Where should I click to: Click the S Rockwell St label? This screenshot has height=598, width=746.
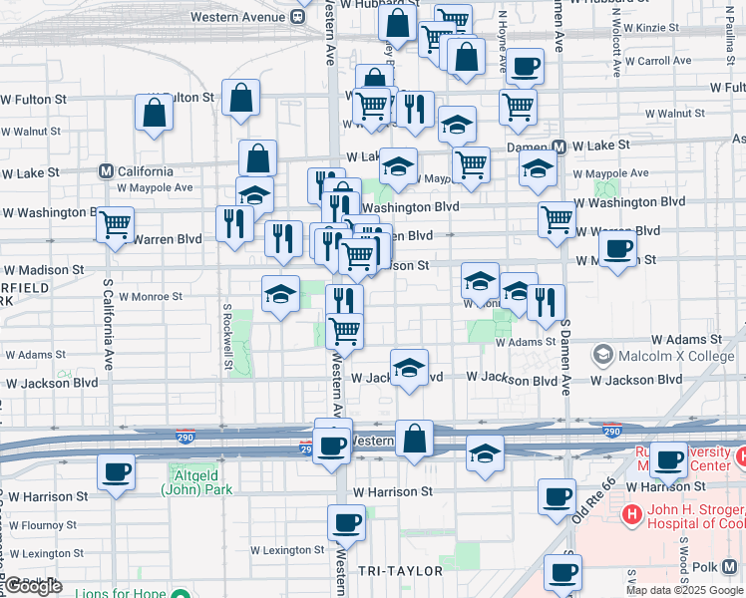[x=228, y=336]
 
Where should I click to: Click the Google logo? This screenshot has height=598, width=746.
[x=33, y=586]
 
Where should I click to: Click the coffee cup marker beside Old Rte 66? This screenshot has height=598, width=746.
[x=557, y=496]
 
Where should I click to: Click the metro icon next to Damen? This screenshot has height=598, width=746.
[x=559, y=147]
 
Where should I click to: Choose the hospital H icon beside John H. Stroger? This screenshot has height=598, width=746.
[x=630, y=515]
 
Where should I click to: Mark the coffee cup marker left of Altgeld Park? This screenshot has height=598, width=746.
[x=116, y=471]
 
